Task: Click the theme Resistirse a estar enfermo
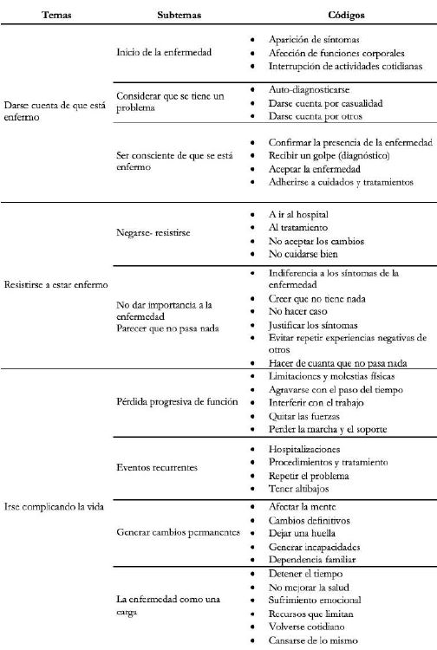(x=55, y=284)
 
